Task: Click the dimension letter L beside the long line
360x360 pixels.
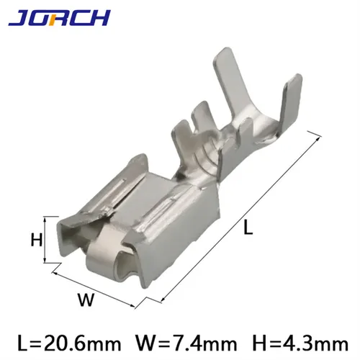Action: click(248, 229)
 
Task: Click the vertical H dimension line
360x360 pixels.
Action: click(46, 240)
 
